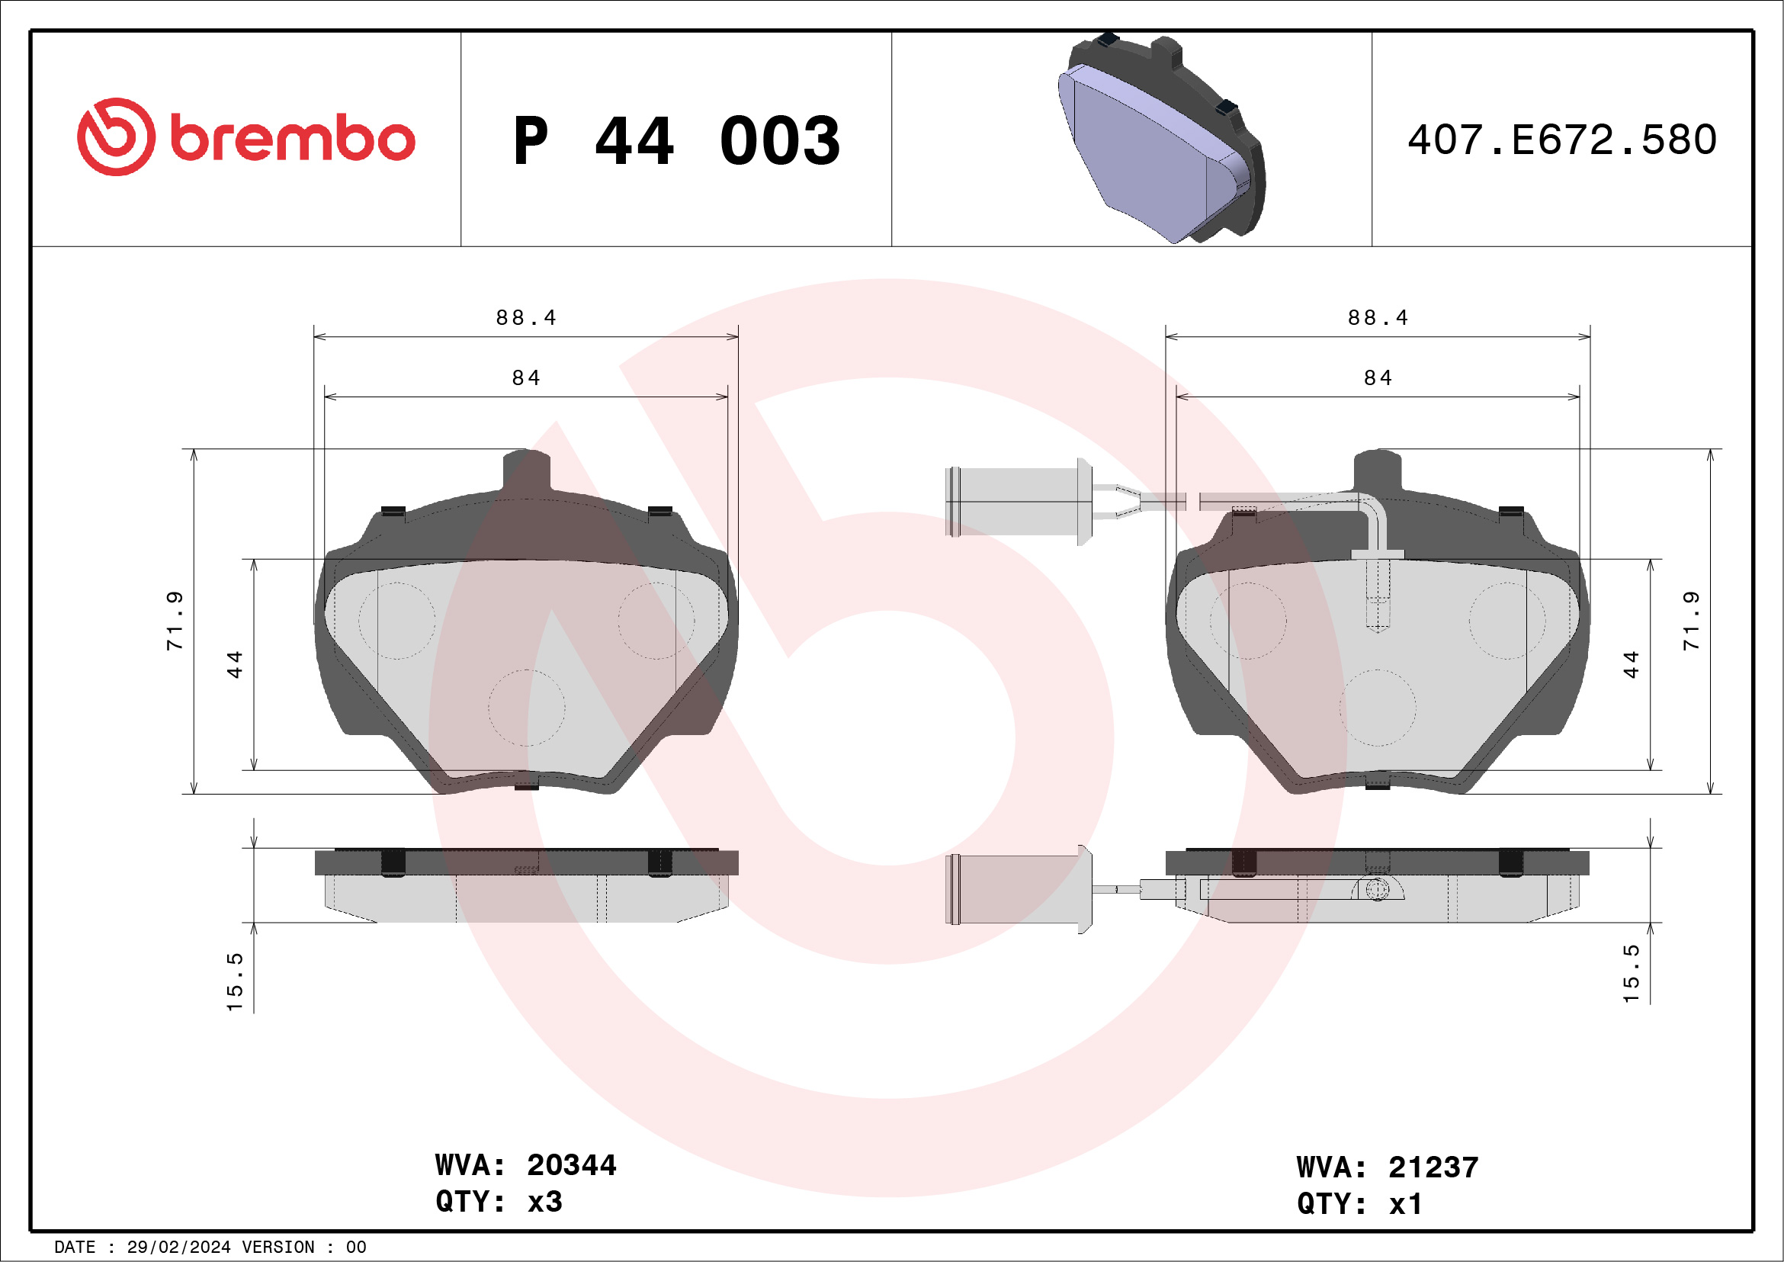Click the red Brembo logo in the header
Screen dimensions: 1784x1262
coord(245,137)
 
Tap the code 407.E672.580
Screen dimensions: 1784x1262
coord(1562,140)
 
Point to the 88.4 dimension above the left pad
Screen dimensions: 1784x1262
coord(526,318)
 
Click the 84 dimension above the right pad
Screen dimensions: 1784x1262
coord(1378,377)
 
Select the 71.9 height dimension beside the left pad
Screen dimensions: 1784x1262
coord(175,620)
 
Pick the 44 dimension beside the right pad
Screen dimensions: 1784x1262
coord(1630,664)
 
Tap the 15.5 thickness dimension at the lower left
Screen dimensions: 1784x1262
coord(235,982)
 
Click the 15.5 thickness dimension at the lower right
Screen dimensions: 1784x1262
coord(1631,974)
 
